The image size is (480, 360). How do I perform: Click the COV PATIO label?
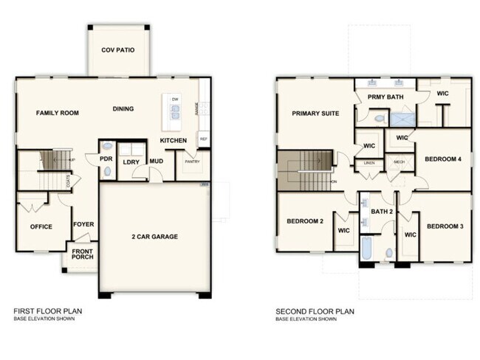coord(118,50)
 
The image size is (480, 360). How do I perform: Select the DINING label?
coord(123,109)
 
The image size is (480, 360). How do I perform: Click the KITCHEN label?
coord(174,140)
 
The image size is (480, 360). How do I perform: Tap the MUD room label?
coord(157,161)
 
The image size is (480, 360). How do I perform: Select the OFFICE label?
coord(41,226)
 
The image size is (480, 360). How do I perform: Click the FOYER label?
coord(83,224)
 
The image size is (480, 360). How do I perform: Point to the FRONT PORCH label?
coord(82,255)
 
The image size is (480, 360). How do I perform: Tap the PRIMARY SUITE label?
coord(315,114)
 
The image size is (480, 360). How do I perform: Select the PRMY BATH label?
coord(385,97)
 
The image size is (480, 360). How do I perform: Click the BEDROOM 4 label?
coord(443,159)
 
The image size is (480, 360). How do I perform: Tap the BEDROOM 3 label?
coord(445,226)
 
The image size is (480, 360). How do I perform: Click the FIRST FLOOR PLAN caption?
coord(48,311)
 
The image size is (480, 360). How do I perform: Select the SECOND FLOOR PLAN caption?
coord(315,311)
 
